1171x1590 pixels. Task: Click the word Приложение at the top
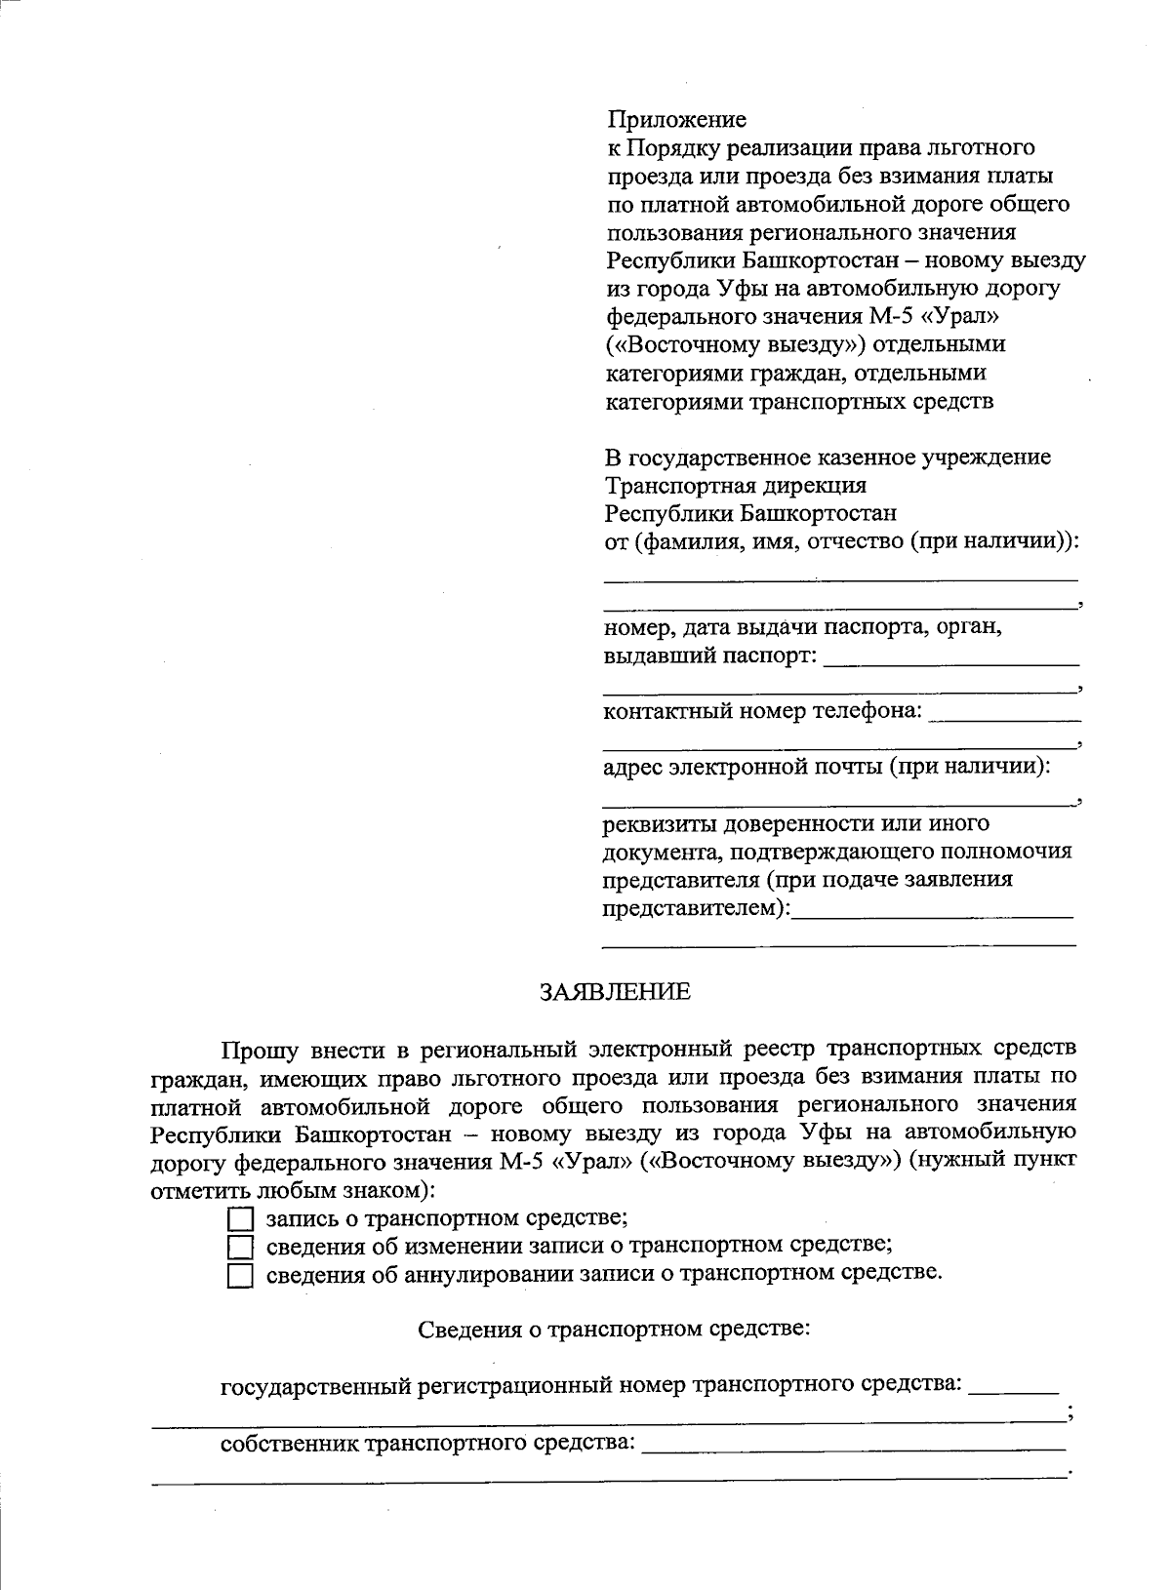click(x=676, y=119)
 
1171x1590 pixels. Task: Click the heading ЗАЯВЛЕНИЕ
click(x=615, y=992)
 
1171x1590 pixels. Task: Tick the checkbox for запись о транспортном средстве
click(x=240, y=1219)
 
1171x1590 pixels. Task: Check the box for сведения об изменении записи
click(x=240, y=1247)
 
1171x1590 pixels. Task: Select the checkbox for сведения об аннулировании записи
click(x=240, y=1275)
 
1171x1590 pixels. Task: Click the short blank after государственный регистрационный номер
click(x=1015, y=1387)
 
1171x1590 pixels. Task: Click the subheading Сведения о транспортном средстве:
click(x=615, y=1330)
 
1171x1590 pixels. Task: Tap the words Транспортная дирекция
click(x=736, y=485)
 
